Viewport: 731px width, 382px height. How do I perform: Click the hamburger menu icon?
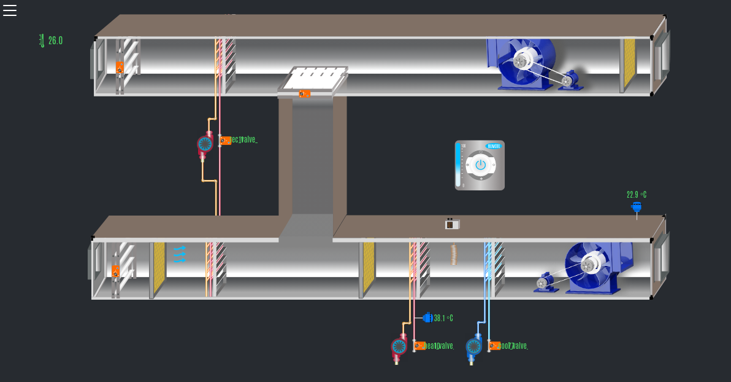click(10, 10)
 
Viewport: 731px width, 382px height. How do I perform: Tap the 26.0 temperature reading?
click(55, 41)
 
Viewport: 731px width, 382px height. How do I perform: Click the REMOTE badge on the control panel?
click(494, 146)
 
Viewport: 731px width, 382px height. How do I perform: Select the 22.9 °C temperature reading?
click(636, 195)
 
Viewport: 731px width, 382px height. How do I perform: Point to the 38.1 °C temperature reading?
click(443, 318)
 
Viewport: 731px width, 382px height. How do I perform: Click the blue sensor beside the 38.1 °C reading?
click(427, 318)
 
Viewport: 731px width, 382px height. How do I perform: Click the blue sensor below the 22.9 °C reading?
click(637, 207)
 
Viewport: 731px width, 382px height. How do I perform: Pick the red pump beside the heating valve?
click(399, 347)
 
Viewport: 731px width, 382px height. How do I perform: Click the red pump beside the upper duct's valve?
click(205, 144)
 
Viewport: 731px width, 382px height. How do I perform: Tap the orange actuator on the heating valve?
click(420, 346)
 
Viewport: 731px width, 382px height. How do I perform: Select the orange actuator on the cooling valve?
click(494, 346)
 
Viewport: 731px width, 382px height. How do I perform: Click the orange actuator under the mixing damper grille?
click(304, 94)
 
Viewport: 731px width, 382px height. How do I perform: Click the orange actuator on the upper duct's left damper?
click(120, 68)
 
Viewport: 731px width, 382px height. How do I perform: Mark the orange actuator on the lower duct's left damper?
click(115, 270)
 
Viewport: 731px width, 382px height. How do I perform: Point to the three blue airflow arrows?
click(179, 254)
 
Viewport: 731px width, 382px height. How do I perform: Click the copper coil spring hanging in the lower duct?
click(454, 254)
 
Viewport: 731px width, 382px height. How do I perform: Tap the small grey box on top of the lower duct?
click(452, 225)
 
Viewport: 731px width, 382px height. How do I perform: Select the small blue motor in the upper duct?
click(568, 80)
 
